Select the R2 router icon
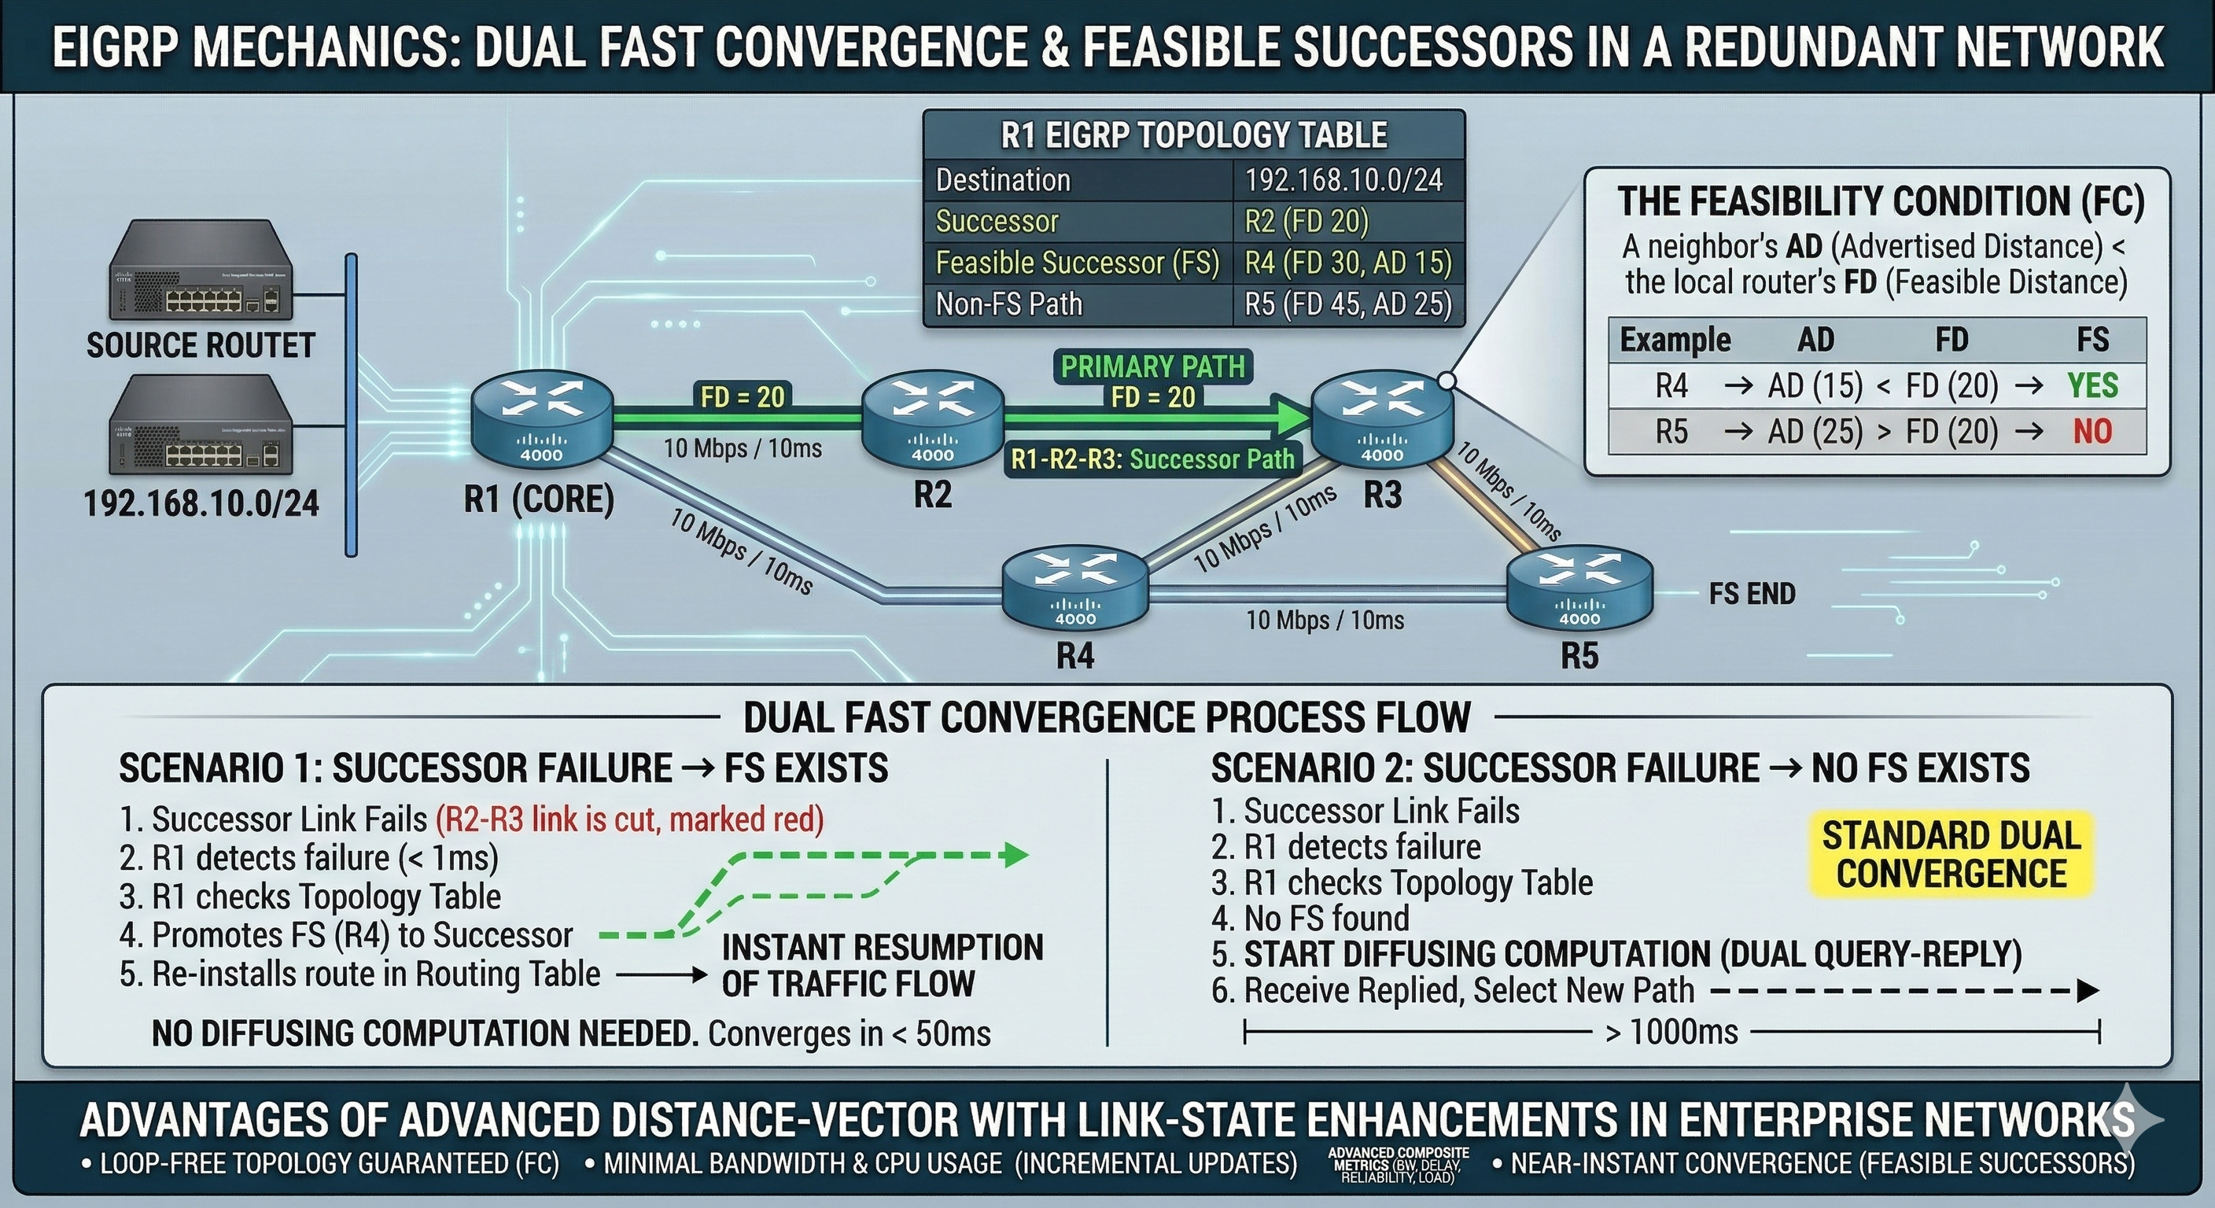933,424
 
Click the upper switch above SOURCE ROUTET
201,271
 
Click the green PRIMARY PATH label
1153,367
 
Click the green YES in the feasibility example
2092,385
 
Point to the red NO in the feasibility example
2092,431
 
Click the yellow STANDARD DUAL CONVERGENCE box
1951,856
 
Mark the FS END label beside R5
1752,594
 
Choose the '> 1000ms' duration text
1671,1031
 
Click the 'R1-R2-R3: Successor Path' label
1152,459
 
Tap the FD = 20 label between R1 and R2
742,396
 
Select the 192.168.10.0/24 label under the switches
201,503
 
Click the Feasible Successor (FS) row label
1078,263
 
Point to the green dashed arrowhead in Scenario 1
1017,855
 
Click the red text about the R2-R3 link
629,819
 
